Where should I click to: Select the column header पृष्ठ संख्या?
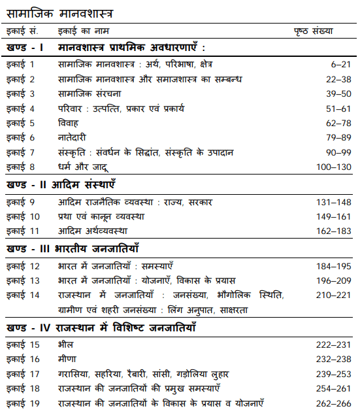click(x=313, y=31)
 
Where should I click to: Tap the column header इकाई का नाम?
click(x=83, y=31)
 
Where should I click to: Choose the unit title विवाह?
click(x=69, y=123)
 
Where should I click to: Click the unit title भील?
click(x=66, y=344)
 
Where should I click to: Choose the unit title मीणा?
click(x=67, y=358)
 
